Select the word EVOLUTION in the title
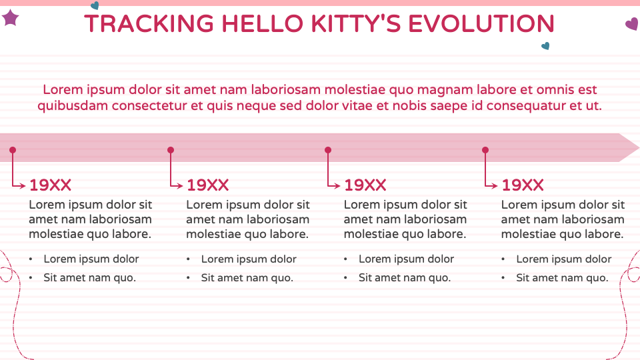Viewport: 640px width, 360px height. [x=481, y=24]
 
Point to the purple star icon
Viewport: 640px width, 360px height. [x=10, y=18]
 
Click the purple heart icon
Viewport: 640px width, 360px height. [x=631, y=25]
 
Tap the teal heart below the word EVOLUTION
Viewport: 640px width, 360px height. [x=545, y=46]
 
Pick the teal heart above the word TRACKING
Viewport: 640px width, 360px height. [x=95, y=5]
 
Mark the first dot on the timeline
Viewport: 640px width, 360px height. [x=13, y=150]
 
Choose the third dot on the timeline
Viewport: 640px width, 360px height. [x=327, y=150]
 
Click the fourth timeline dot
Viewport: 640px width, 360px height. [x=485, y=150]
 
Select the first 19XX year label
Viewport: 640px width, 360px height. [x=50, y=185]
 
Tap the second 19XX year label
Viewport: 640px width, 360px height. [x=207, y=185]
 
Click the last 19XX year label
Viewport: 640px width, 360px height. [x=522, y=185]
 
